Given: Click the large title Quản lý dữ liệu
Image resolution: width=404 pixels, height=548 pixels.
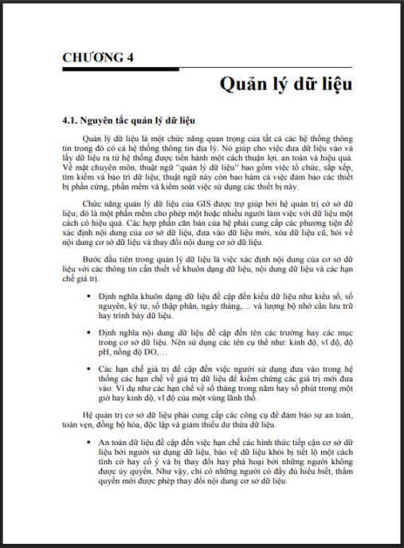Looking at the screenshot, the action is (x=286, y=84).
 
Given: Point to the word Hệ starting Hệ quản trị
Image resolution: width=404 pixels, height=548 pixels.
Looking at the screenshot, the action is (x=88, y=415).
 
